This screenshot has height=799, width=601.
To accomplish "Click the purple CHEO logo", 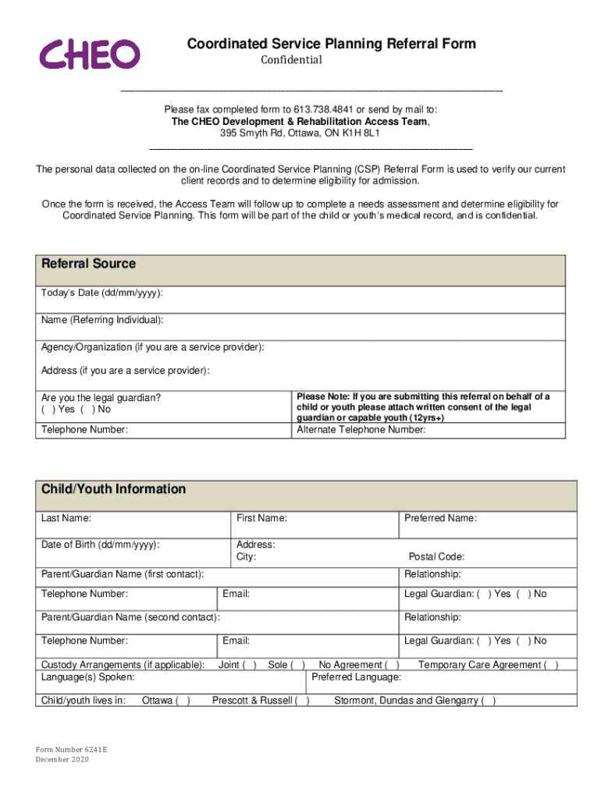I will pos(90,54).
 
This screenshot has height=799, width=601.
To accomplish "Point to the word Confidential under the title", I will pos(290,60).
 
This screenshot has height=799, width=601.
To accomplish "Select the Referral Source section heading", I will pos(88,264).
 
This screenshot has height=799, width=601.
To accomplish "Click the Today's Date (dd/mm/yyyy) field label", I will pos(101,293).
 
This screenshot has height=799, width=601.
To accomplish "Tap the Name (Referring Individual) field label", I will pos(102,320).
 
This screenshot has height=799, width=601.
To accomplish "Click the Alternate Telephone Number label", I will pos(361,428).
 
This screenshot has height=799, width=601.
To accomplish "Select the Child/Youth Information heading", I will pos(113,489).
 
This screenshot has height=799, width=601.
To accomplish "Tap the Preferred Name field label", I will pos(440,518).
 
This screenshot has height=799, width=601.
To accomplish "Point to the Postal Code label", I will pos(436,557).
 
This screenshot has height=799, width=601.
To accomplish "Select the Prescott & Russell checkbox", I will pos(302,701).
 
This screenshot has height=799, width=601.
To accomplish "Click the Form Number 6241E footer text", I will pos(71,748).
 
